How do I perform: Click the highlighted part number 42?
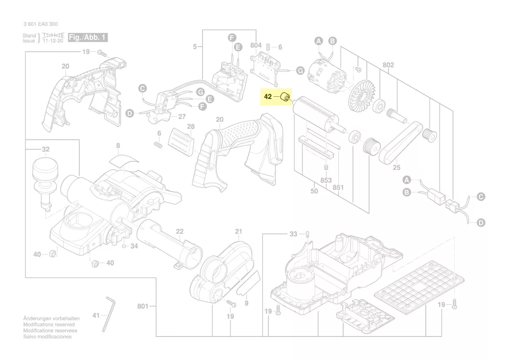[x=268, y=96]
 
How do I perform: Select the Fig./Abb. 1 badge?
[x=88, y=37]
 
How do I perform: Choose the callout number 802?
[x=388, y=65]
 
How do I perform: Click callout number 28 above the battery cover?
[x=191, y=126]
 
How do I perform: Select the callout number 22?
[x=180, y=231]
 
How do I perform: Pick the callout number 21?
[x=238, y=231]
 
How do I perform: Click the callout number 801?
[x=143, y=306]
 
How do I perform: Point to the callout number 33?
[x=293, y=234]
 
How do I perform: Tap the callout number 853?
[x=326, y=180]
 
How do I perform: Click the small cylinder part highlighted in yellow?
[x=286, y=97]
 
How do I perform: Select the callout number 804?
[x=256, y=45]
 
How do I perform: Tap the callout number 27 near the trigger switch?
[x=182, y=116]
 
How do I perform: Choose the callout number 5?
[x=195, y=46]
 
